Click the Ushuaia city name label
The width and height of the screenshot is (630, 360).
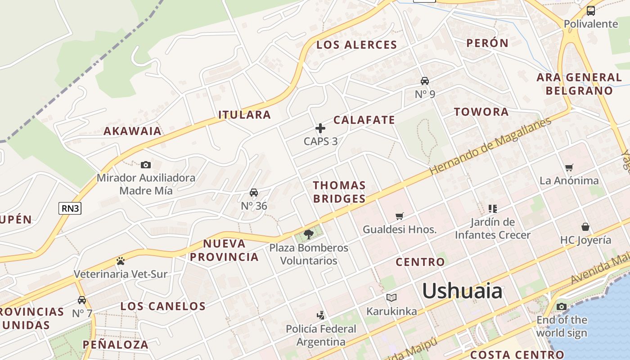point(462,291)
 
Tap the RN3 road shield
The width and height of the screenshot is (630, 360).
point(70,208)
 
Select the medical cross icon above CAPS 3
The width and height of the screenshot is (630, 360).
point(320,128)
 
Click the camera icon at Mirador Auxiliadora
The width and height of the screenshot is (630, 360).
point(146,165)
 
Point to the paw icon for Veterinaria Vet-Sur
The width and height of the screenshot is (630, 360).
point(120,261)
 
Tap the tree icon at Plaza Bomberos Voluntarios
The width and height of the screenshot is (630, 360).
point(309,234)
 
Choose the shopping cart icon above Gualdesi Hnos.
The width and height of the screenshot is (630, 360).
point(399,216)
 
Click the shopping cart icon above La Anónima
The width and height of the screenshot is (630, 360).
point(569,168)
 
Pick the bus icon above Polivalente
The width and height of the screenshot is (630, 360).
point(591,11)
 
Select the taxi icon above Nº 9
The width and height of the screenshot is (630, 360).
point(425,81)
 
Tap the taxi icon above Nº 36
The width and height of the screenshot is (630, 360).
point(254,193)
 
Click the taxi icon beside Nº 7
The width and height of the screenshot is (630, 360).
point(82,300)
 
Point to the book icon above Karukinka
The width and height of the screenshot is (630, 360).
point(391,298)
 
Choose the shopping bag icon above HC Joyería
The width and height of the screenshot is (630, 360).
point(585,226)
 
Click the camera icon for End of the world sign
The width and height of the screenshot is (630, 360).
point(561,307)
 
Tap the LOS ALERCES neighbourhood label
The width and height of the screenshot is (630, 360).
point(356,45)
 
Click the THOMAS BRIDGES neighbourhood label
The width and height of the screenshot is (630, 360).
point(339,192)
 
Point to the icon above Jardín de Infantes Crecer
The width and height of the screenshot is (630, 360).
point(493,208)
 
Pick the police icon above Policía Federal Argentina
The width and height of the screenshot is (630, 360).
point(321,315)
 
